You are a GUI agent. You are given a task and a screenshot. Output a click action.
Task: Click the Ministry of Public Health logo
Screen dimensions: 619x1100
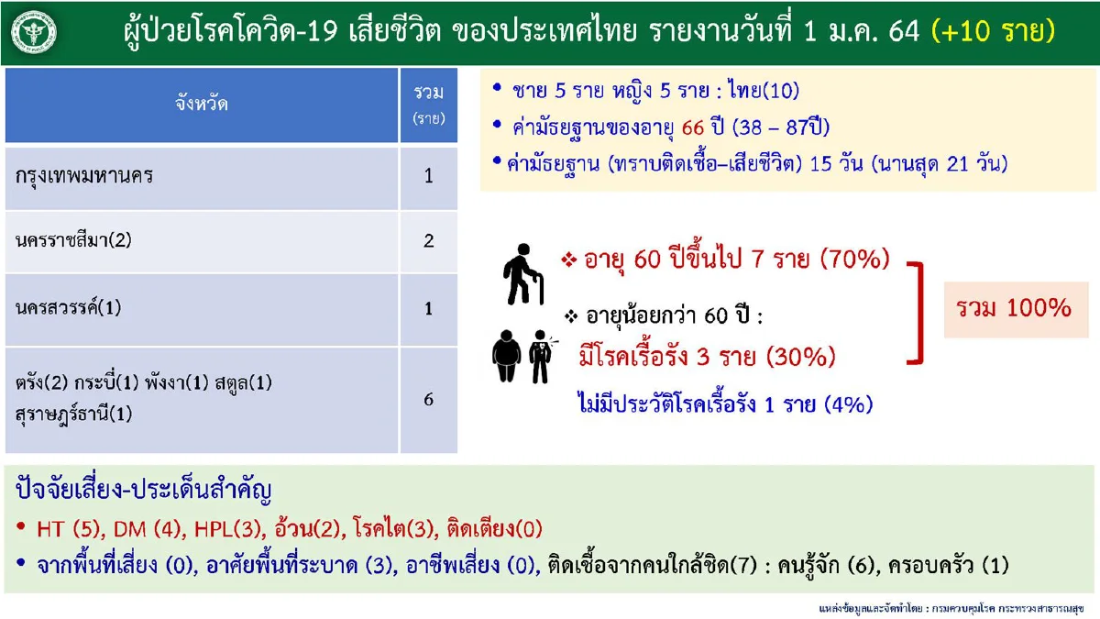(x=35, y=33)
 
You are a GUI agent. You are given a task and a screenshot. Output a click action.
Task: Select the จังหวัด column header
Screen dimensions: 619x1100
(x=202, y=104)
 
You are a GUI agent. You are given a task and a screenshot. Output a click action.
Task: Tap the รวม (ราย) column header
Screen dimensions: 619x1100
(x=428, y=104)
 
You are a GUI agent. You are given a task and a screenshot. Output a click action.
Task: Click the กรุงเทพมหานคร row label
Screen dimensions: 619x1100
(x=84, y=176)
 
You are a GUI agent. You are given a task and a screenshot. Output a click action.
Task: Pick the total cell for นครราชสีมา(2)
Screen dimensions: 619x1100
(x=428, y=241)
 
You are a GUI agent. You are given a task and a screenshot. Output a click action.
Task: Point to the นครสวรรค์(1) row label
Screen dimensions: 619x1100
(x=69, y=309)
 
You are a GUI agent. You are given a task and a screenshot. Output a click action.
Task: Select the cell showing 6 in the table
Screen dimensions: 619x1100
(x=428, y=400)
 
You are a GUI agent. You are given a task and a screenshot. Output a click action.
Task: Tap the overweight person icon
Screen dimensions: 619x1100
(x=506, y=357)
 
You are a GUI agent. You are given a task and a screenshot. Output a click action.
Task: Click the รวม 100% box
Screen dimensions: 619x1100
(x=1016, y=308)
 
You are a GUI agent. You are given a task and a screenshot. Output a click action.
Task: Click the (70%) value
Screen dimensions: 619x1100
(x=854, y=260)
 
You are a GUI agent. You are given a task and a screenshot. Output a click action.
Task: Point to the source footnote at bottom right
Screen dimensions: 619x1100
(x=953, y=608)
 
